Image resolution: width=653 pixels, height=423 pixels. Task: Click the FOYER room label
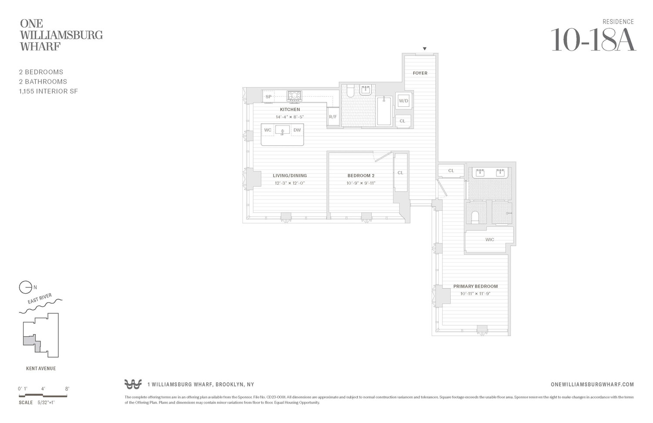pyautogui.click(x=420, y=73)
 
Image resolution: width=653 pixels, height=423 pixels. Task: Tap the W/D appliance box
pyautogui.click(x=404, y=101)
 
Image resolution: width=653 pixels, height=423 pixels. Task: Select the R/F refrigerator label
pyautogui.click(x=333, y=117)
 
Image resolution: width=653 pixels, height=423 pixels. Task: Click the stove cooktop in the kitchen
pyautogui.click(x=294, y=95)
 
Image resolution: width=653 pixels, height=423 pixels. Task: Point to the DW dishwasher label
pyautogui.click(x=297, y=130)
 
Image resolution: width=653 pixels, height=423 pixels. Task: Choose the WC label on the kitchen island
pyautogui.click(x=268, y=130)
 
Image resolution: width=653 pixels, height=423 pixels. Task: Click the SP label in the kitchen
pyautogui.click(x=269, y=97)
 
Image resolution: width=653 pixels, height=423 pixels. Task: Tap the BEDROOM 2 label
pyautogui.click(x=361, y=176)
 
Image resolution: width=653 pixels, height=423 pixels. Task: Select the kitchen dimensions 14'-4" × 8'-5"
pyautogui.click(x=289, y=117)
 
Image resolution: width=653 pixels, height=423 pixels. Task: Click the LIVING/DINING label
pyautogui.click(x=289, y=176)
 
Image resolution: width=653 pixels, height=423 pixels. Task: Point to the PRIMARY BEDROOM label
pyautogui.click(x=475, y=286)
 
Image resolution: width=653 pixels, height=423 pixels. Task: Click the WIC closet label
pyautogui.click(x=490, y=240)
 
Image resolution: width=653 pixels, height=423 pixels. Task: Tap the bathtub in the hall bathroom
pyautogui.click(x=384, y=111)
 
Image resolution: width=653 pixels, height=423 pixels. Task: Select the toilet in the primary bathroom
pyautogui.click(x=475, y=217)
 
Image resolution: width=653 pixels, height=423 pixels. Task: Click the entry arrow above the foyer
pyautogui.click(x=424, y=49)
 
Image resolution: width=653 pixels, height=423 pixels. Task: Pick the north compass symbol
pyautogui.click(x=26, y=287)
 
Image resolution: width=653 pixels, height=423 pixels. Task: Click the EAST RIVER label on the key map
pyautogui.click(x=40, y=299)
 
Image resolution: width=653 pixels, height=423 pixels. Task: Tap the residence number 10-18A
pyautogui.click(x=593, y=40)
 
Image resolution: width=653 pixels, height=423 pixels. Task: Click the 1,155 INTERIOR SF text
pyautogui.click(x=48, y=91)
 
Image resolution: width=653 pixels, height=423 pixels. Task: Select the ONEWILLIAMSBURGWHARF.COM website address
pyautogui.click(x=592, y=384)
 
